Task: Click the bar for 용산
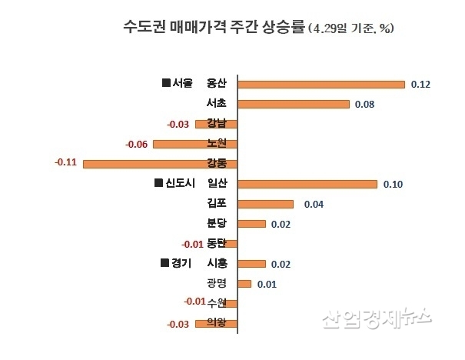click(x=321, y=84)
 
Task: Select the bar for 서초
click(x=294, y=104)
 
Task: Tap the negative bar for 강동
click(x=160, y=163)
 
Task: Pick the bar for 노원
click(x=195, y=144)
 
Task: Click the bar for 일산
click(x=307, y=184)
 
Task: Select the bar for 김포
click(x=266, y=204)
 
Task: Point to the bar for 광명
click(x=244, y=284)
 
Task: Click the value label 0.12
click(x=421, y=84)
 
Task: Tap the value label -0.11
click(x=65, y=163)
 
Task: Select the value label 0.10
click(x=394, y=184)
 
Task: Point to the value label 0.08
click(x=365, y=104)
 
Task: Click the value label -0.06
click(x=136, y=144)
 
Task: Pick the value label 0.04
click(x=314, y=204)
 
